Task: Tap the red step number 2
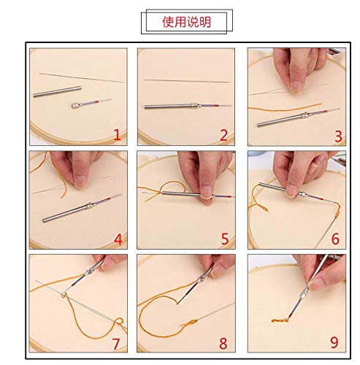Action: click(223, 134)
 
